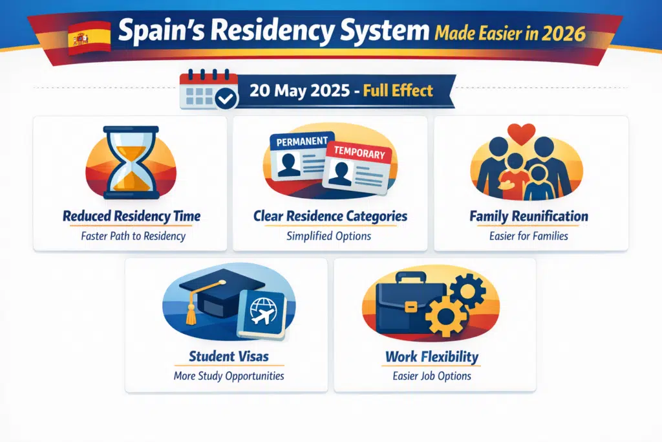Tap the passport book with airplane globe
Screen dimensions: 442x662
point(262,314)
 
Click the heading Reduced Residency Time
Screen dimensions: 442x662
point(131,216)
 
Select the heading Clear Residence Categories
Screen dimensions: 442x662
point(330,216)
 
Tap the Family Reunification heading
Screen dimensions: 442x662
point(529,216)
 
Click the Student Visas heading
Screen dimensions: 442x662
point(229,356)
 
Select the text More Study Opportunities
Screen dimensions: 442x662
point(228,376)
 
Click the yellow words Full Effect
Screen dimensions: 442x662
point(398,90)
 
